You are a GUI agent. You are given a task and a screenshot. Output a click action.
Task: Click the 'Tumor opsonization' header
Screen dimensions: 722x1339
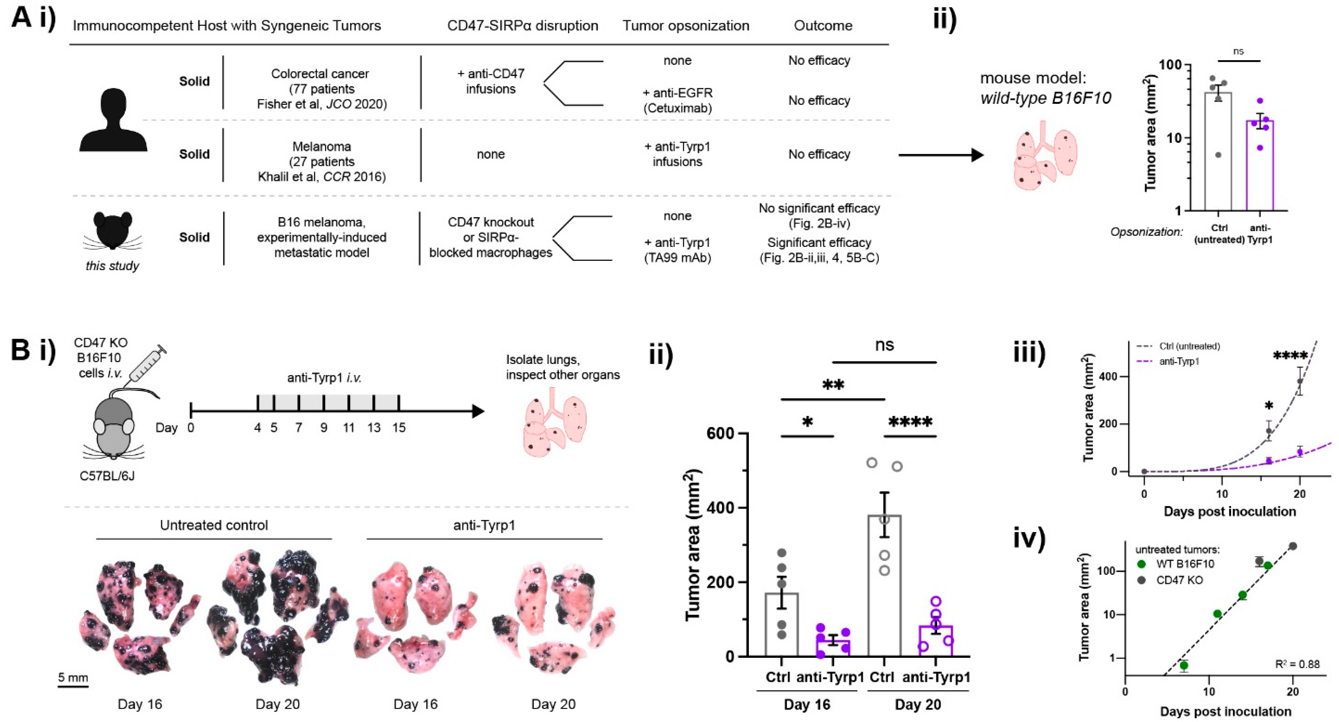tap(686, 26)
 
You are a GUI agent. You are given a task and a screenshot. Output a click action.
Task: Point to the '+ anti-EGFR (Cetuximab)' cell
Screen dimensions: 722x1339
tap(677, 100)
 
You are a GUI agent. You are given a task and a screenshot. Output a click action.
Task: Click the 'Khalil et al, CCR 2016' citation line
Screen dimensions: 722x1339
tap(321, 177)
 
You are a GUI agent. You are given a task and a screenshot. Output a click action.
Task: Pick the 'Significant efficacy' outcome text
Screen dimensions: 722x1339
tap(819, 242)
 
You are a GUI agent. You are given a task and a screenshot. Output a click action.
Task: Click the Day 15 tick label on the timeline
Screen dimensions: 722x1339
tap(399, 428)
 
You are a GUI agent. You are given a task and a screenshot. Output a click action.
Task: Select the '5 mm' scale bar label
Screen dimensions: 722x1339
tap(73, 678)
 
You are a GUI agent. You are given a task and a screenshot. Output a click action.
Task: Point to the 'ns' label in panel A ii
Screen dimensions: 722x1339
tap(1239, 52)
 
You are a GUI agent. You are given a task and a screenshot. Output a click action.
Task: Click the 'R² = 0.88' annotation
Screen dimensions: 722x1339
tap(1298, 664)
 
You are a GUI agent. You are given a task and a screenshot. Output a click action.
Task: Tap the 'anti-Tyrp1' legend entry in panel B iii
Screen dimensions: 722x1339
tap(1179, 361)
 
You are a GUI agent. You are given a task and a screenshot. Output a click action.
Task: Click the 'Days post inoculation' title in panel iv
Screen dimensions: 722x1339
tap(1225, 711)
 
